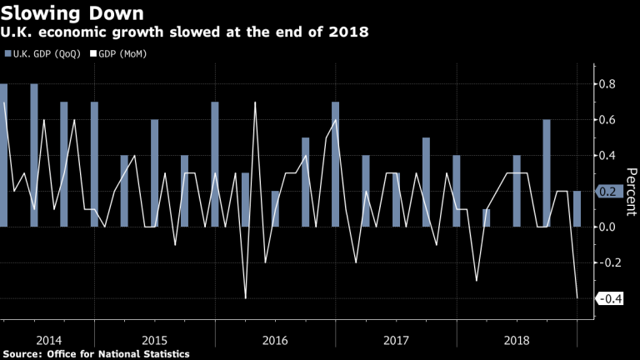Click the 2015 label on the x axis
coord(155,340)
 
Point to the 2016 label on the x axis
coord(276,340)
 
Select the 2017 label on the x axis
coord(396,340)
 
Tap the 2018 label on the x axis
coord(517,340)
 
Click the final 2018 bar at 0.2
coord(577,209)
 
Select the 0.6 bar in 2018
coord(547,173)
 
